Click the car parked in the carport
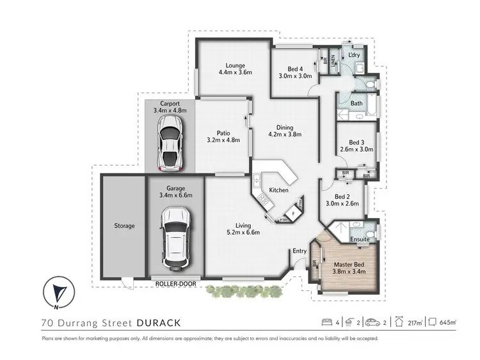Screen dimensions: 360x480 point(170,144)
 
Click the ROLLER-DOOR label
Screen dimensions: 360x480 point(175,282)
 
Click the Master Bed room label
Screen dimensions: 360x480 point(349,262)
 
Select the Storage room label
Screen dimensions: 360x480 point(124,226)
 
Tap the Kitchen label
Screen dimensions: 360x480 point(278,191)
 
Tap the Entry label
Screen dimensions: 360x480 point(300,251)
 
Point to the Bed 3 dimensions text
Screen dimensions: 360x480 point(356,150)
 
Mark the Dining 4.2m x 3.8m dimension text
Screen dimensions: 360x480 point(280,135)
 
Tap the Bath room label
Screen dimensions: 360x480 point(356,103)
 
